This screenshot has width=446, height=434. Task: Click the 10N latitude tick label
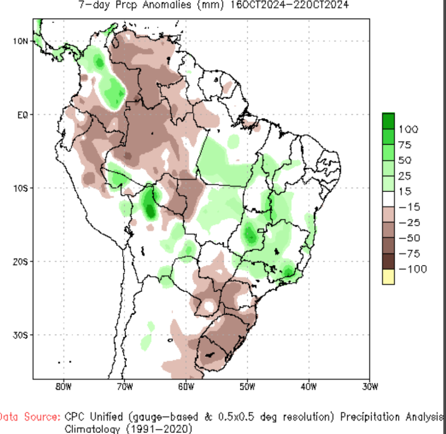coord(21,41)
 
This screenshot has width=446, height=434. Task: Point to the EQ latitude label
coord(22,114)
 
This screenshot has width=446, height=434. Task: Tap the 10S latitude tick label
coord(21,188)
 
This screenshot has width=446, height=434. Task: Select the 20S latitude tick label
coord(21,261)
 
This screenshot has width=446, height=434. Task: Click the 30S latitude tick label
coord(21,334)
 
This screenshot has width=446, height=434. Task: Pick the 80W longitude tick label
coord(64,387)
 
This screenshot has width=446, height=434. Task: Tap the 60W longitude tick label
coord(186,387)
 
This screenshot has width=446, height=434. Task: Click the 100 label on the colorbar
coord(408,130)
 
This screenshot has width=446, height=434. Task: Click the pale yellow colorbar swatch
coord(388,277)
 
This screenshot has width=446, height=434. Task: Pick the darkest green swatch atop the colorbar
coord(388,121)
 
